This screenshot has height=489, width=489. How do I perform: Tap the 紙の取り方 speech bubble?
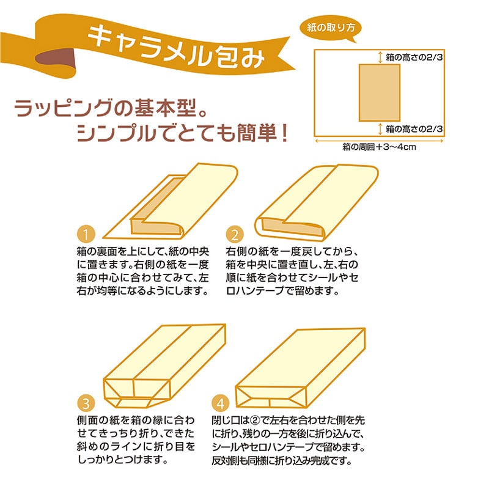[x=331, y=28]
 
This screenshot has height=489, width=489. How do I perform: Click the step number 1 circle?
[x=87, y=234]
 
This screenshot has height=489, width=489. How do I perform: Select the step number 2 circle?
[x=233, y=234]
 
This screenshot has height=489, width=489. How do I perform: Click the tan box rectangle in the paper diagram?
[x=378, y=92]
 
